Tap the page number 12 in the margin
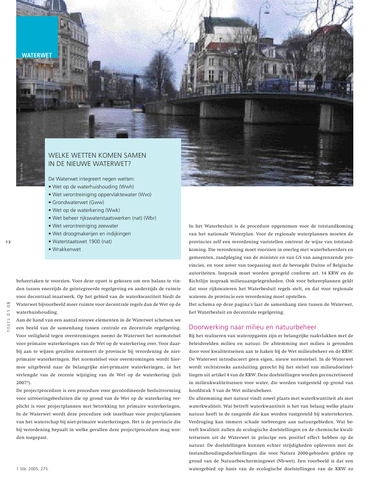8,242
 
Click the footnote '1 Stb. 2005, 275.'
33,469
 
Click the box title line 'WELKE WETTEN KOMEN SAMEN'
97,155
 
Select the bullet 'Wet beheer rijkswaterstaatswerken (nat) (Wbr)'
104,218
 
